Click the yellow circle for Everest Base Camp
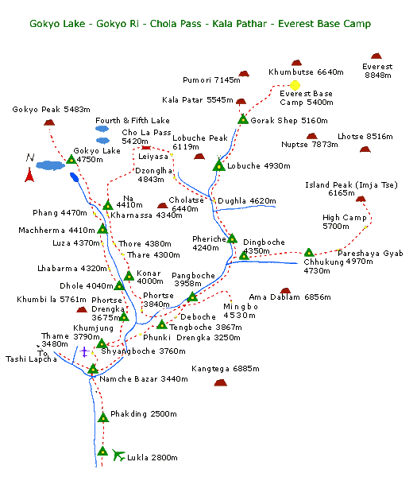[295, 85]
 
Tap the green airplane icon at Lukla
[118, 456]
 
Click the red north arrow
[29, 175]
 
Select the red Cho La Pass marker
[146, 148]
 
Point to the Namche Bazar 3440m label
[144, 379]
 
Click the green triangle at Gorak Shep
[243, 119]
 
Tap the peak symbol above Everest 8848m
[376, 56]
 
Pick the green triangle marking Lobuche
[218, 165]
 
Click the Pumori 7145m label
[211, 80]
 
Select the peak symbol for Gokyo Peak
[49, 122]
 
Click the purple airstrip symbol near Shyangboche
[84, 352]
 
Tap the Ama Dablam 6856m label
[290, 297]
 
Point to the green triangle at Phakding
[103, 417]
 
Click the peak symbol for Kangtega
[220, 382]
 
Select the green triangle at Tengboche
[162, 324]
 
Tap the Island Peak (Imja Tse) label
[351, 185]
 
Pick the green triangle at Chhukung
[309, 253]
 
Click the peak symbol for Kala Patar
[241, 101]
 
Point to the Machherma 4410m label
[56, 231]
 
